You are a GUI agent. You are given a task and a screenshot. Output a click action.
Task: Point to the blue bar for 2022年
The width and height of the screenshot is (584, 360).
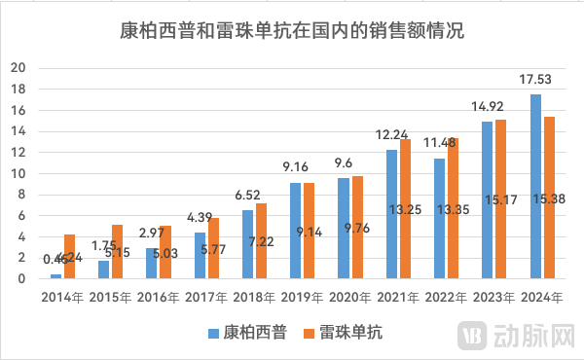(x=439, y=219)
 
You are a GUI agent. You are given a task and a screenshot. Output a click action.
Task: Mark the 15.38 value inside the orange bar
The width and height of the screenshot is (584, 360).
(x=549, y=225)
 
